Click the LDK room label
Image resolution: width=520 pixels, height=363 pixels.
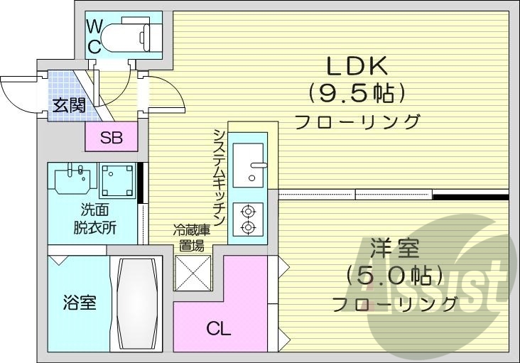tap(356, 67)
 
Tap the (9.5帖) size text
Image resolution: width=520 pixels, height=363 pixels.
tap(356, 92)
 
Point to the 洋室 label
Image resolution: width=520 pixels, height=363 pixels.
tap(395, 250)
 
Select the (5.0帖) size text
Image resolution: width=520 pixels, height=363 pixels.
tap(395, 275)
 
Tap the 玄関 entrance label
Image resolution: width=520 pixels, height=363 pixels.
tap(68, 106)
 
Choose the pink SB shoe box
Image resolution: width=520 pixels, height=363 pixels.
tap(111, 138)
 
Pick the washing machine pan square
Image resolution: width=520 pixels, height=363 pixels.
tap(117, 180)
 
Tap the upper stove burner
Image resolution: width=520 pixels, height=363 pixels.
tap(248, 210)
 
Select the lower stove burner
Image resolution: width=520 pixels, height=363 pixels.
tap(248, 227)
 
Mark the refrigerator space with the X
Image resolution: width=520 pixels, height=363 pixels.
tap(194, 272)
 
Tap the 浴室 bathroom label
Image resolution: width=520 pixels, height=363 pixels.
tap(78, 303)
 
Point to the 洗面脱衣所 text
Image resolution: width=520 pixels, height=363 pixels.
tap(94, 220)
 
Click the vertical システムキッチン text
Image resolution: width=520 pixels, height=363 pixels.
tap(220, 178)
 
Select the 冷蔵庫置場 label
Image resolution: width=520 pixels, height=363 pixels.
tap(193, 237)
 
